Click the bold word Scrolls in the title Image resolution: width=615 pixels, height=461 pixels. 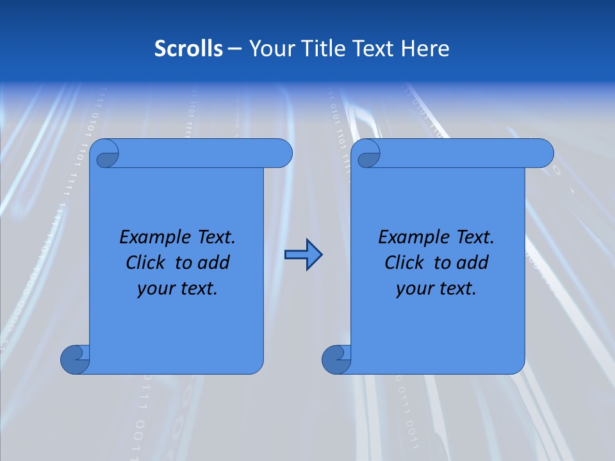tap(188, 48)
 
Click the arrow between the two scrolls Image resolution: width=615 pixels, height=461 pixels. tap(303, 255)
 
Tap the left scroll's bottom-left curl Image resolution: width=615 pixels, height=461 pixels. tap(74, 359)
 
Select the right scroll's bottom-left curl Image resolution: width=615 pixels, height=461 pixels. tap(336, 359)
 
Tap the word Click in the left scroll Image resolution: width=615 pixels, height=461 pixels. tap(146, 263)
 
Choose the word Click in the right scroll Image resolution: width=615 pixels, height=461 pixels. tap(405, 263)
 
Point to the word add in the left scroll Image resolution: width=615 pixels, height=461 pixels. tap(213, 263)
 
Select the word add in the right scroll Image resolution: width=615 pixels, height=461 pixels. tap(472, 263)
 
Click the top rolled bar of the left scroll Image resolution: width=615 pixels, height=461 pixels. tap(205, 153)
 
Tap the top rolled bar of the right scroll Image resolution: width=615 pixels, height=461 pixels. tap(466, 153)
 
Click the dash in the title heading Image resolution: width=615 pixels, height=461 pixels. tap(234, 49)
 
